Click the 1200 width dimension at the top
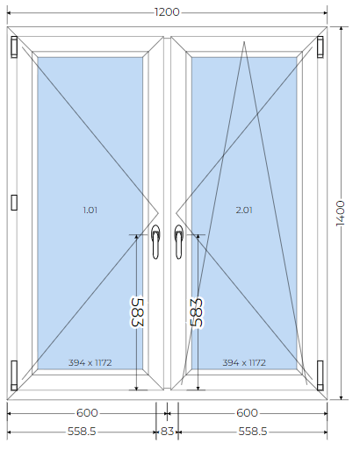[x=167, y=12]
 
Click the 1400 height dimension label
[x=341, y=213]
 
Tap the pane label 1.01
[x=90, y=210]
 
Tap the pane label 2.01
[x=244, y=210]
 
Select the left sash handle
[x=155, y=242]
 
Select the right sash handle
[x=178, y=242]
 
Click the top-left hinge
[x=14, y=46]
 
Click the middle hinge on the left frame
[x=14, y=203]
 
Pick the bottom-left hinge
[x=14, y=375]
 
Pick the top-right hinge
[x=320, y=46]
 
